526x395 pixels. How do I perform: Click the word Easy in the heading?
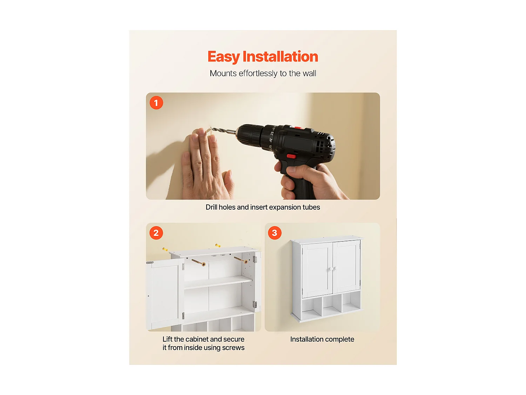click(223, 57)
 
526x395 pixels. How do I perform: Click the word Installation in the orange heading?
click(280, 57)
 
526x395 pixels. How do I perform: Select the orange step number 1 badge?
click(156, 103)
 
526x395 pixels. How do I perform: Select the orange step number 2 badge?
click(156, 233)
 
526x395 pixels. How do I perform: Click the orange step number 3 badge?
click(275, 233)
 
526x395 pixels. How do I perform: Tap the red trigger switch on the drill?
click(291, 156)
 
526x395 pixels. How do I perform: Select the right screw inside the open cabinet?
click(241, 260)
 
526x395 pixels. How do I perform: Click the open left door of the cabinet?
click(164, 295)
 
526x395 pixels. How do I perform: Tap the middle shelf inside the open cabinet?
click(217, 282)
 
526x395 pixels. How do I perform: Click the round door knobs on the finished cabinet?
click(332, 269)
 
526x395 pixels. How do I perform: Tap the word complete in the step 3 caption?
click(340, 339)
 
